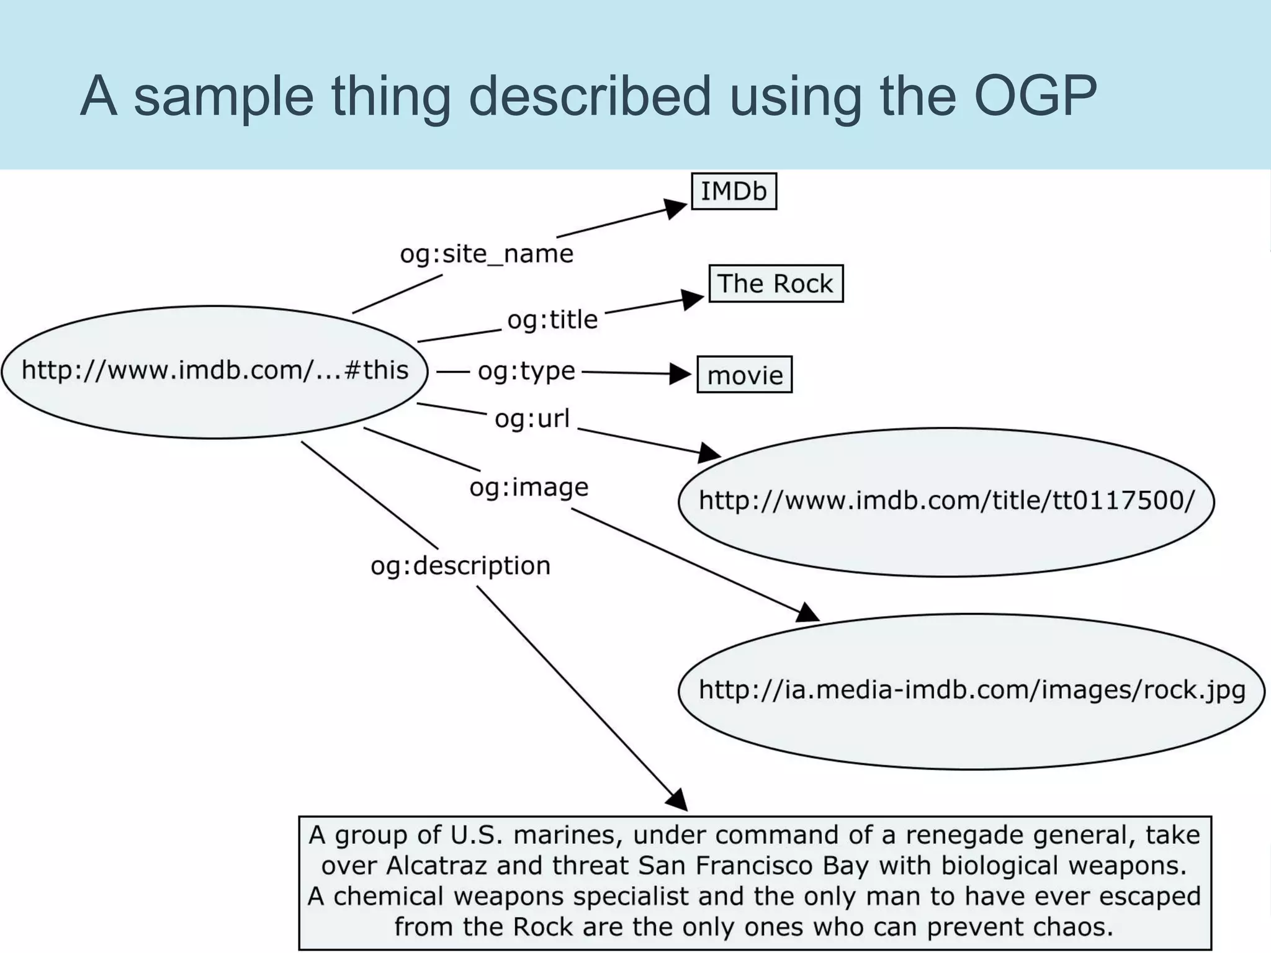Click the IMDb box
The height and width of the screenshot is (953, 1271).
(734, 191)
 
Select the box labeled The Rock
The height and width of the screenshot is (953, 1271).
(775, 284)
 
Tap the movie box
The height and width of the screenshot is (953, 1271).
(744, 375)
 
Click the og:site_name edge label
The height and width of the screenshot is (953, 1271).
(487, 254)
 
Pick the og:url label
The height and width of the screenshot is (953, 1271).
(532, 419)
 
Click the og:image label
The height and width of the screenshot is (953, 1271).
(529, 487)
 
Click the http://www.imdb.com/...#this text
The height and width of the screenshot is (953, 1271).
(215, 370)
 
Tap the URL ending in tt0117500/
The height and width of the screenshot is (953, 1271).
(946, 500)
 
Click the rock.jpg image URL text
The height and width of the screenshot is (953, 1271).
(972, 689)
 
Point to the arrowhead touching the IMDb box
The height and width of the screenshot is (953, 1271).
(675, 208)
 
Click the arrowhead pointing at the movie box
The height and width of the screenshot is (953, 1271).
(681, 374)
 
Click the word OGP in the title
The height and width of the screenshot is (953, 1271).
(1035, 96)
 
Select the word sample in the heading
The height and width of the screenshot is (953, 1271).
(223, 96)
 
